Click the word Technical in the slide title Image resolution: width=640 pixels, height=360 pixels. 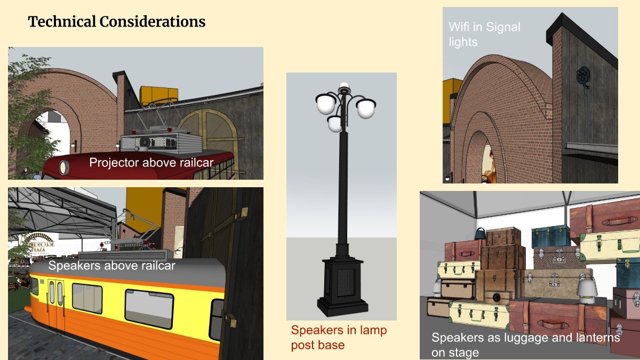point(62,21)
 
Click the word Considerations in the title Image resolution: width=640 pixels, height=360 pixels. point(153,21)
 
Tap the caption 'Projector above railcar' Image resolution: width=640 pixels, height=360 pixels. point(151,163)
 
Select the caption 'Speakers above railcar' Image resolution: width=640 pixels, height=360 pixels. point(111,266)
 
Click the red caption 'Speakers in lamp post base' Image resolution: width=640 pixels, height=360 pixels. point(339,338)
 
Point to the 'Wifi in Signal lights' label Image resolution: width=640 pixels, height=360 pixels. point(485,34)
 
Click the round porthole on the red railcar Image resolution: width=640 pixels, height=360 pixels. point(63,167)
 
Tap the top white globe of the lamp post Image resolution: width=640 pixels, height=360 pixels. point(345,85)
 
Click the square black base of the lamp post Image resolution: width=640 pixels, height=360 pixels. point(342,286)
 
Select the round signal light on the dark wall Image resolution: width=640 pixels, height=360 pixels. point(583,75)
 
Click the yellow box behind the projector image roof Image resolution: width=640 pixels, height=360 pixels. point(158,95)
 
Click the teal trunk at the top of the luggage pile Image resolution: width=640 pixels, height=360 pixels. point(550,236)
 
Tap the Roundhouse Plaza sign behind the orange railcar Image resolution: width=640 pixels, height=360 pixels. point(40,243)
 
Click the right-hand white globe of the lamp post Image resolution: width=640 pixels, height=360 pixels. point(366,108)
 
